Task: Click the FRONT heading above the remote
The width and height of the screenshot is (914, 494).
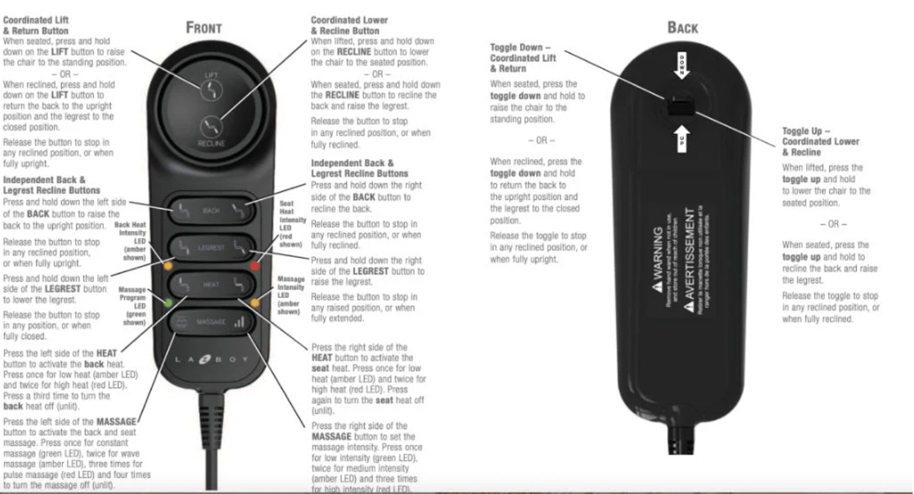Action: [x=204, y=27]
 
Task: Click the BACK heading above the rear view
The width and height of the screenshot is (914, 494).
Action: [x=682, y=28]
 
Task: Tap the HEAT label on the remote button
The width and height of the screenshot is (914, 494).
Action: [x=211, y=284]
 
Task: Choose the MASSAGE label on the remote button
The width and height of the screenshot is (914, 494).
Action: [x=211, y=322]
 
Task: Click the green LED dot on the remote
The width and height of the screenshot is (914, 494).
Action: [x=168, y=303]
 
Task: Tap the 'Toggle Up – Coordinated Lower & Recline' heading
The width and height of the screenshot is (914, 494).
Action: [x=820, y=141]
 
